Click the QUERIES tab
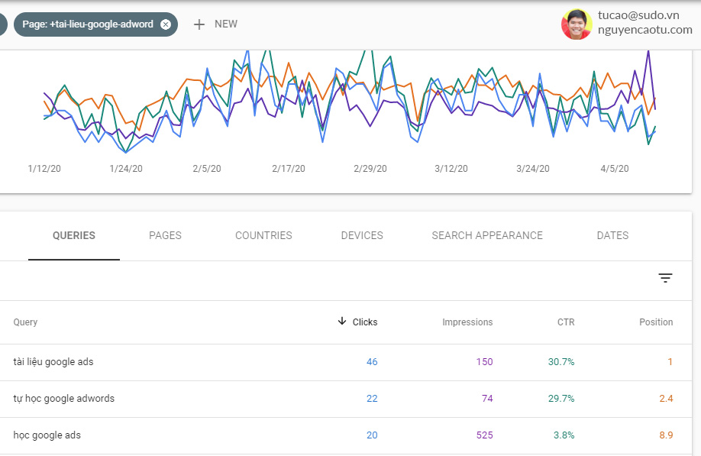coord(74,235)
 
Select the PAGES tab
coord(165,235)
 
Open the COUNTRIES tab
coord(263,235)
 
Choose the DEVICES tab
coord(362,235)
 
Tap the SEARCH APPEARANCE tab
coord(487,235)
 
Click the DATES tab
coord(612,235)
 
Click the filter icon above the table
coord(665,278)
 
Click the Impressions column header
coord(467,322)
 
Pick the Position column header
coord(656,322)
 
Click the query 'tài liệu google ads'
coord(53,362)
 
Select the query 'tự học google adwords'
coord(64,399)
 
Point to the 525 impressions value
coord(484,435)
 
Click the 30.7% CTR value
coord(560,362)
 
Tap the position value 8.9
coord(665,435)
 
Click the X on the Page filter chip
coord(166,24)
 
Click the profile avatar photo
coord(577,24)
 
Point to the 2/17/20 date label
coord(289,169)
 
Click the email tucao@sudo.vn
coord(638,15)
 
